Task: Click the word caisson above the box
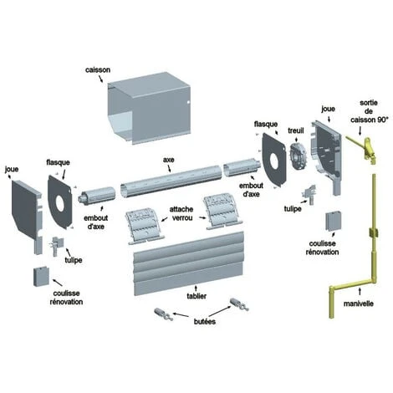coord(98,69)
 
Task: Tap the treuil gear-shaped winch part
coord(298,156)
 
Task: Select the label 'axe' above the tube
coord(169,160)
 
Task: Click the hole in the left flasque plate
coord(60,203)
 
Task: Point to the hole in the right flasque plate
coord(274,162)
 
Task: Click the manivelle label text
coord(359,304)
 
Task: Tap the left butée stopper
coord(164,314)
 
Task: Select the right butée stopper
coord(239,304)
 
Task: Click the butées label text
coord(205,321)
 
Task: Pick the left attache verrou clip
coord(144,226)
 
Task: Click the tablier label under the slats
coord(196,296)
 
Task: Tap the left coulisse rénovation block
coord(41,276)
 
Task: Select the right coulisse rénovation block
coord(333,221)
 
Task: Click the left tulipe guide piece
coord(56,246)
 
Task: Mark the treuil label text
coord(296,130)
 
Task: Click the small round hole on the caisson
coord(188,102)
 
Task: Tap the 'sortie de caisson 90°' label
coord(369,111)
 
